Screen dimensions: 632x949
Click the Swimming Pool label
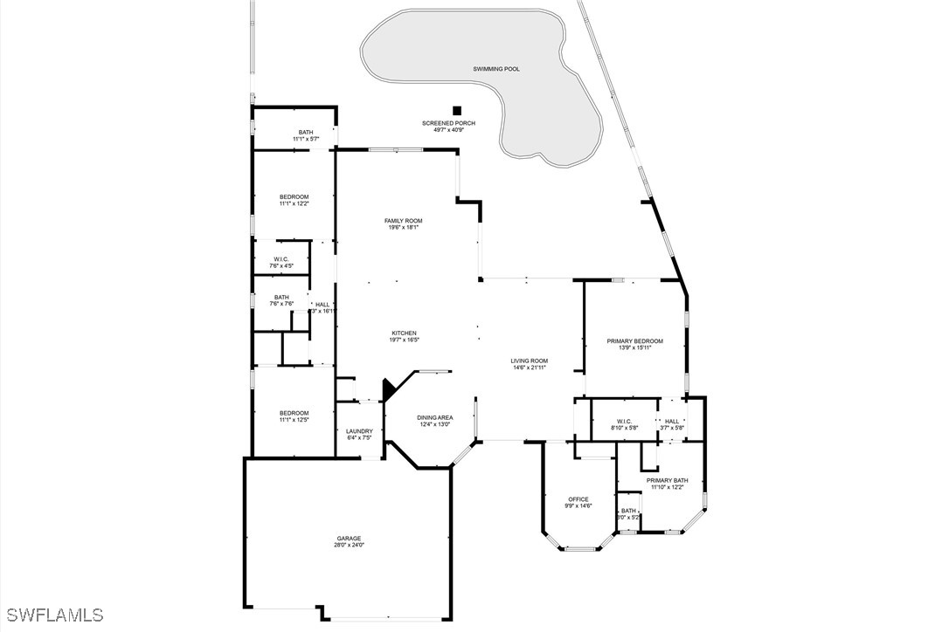[x=495, y=69]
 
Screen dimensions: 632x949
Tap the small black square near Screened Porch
[x=456, y=110]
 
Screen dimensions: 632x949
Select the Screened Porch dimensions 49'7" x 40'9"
[x=448, y=131]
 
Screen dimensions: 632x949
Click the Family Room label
[x=403, y=221]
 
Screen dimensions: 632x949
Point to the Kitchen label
[x=404, y=333]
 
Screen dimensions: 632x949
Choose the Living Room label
[x=530, y=361]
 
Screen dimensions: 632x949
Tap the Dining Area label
[x=434, y=417]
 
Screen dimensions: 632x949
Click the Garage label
[x=349, y=538]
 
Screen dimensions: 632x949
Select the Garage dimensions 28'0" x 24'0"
[x=349, y=546]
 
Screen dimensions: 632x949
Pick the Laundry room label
[x=359, y=430]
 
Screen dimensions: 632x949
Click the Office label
[x=578, y=499]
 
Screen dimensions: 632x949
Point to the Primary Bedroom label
[x=635, y=341]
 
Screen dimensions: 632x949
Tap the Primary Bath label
[x=668, y=480]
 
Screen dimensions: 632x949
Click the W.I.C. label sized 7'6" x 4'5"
[x=281, y=258]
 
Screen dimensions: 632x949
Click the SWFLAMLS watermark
[x=52, y=615]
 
